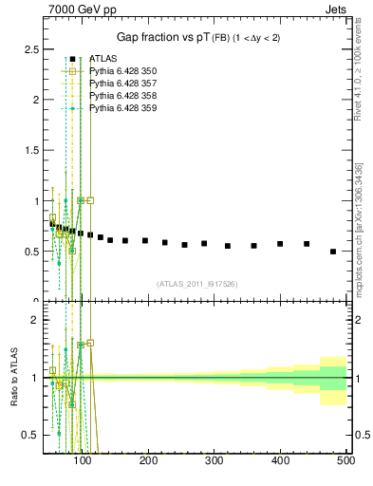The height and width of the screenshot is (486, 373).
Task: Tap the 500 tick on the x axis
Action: click(345, 461)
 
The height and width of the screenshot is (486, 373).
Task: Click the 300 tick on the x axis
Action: click(214, 461)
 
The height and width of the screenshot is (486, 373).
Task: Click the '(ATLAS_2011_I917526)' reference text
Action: click(196, 284)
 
